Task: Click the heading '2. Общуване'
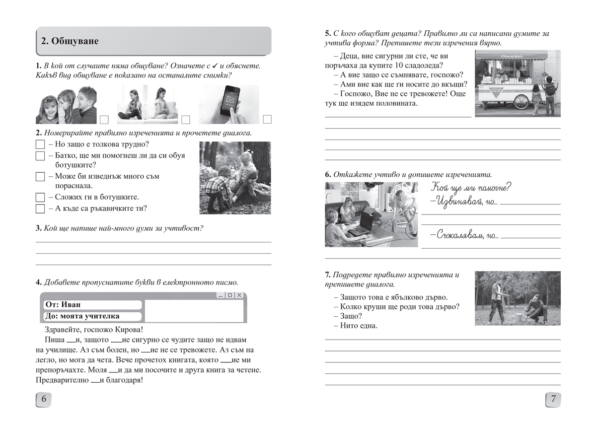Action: click(70, 41)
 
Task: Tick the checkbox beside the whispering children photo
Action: click(104, 119)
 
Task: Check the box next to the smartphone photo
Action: click(267, 119)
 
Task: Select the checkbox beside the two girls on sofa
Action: click(186, 119)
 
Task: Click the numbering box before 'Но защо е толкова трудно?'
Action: click(40, 145)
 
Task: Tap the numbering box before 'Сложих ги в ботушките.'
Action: click(40, 197)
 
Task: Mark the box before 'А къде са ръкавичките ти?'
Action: click(40, 209)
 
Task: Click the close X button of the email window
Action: click(239, 295)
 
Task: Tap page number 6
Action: click(44, 399)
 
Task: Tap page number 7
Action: click(553, 399)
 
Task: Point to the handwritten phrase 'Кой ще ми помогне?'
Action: click(471, 188)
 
